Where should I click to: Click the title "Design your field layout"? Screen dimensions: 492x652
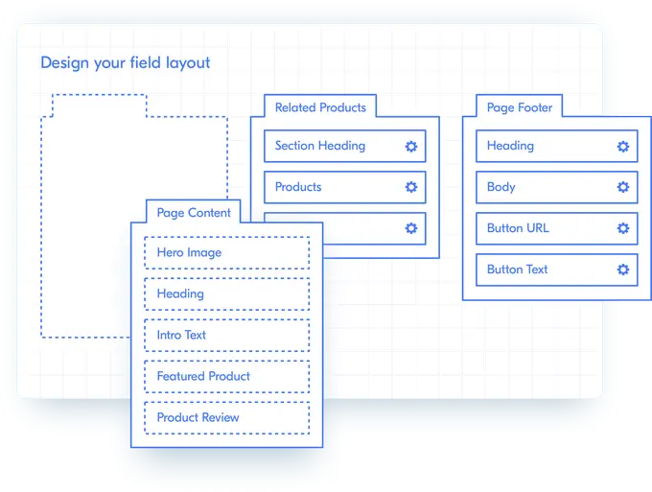pos(125,63)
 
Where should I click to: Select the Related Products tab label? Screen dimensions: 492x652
pos(320,107)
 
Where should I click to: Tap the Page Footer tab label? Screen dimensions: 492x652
pos(519,107)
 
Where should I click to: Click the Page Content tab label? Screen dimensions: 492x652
pos(194,212)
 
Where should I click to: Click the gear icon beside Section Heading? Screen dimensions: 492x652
pos(411,147)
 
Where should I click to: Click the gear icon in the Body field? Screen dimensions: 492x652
pos(622,188)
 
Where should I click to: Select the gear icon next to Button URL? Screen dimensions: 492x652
pos(622,229)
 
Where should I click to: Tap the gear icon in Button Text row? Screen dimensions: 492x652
pos(622,270)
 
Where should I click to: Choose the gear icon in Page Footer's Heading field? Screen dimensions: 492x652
pos(622,147)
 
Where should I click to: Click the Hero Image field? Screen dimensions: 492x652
pos(226,253)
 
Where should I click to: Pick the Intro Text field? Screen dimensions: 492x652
pos(226,336)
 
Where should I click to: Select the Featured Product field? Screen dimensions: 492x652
pos(226,377)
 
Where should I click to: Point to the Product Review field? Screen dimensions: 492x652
pos(226,418)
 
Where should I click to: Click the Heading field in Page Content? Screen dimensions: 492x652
pos(226,294)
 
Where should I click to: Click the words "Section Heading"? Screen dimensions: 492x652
pos(319,146)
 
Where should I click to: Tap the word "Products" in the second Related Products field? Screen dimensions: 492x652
pos(298,187)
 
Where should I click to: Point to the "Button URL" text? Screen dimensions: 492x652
pos(518,228)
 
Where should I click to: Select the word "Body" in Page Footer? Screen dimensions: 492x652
pos(501,187)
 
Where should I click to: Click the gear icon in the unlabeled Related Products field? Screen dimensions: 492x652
pos(411,229)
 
